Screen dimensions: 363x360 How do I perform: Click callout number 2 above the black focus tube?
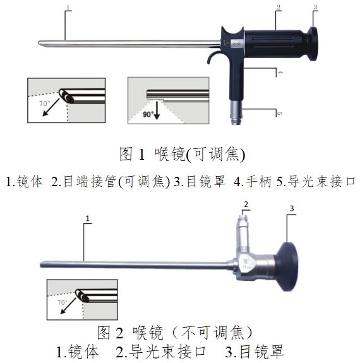coord(277,8)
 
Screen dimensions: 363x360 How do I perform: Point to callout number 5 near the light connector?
coord(279,114)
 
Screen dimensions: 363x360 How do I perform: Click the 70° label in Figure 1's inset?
coord(44,101)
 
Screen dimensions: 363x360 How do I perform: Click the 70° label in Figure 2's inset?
coord(61,302)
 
